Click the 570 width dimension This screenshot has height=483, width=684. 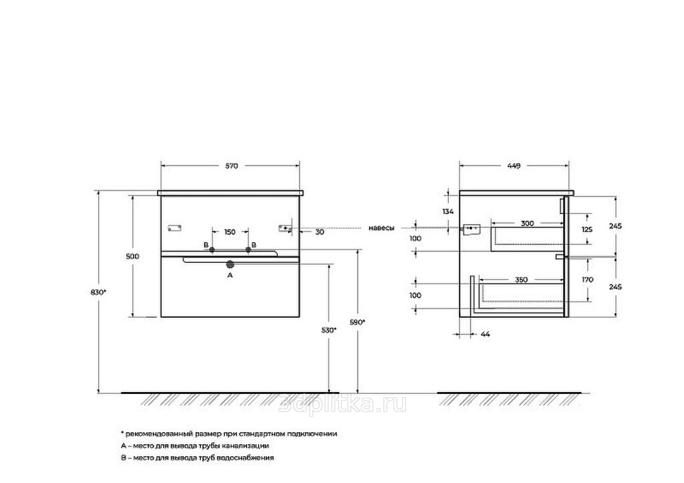click(x=231, y=166)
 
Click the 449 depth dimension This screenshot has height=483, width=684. click(x=514, y=166)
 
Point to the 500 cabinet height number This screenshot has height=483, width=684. click(x=132, y=256)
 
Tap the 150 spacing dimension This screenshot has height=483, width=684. click(x=230, y=232)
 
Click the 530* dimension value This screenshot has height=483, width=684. click(x=329, y=330)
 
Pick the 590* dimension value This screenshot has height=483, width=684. click(x=358, y=322)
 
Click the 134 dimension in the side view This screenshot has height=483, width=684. click(x=448, y=212)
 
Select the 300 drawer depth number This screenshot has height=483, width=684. click(x=528, y=223)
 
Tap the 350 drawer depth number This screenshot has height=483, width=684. click(x=521, y=280)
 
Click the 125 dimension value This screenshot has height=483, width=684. click(x=588, y=229)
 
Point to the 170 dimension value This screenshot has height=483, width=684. click(x=588, y=280)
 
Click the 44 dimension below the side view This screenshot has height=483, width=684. click(x=485, y=334)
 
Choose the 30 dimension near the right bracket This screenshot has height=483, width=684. click(x=320, y=232)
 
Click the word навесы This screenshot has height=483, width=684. click(x=381, y=228)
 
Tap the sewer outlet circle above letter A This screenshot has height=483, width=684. click(x=230, y=264)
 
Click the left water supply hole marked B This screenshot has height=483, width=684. click(x=212, y=250)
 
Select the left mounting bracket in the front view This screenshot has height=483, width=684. click(x=174, y=227)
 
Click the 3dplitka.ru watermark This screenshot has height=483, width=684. click(x=343, y=404)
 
